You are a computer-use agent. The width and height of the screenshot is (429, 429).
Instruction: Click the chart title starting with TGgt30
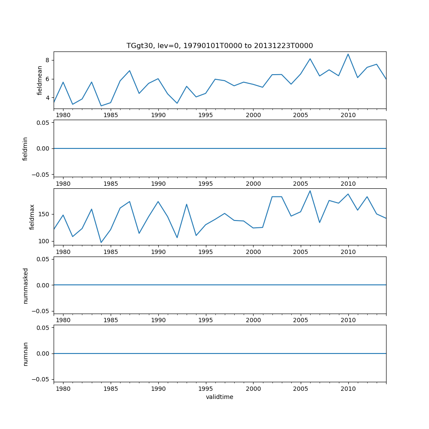(x=219, y=45)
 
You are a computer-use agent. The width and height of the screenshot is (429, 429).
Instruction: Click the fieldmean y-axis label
(x=40, y=80)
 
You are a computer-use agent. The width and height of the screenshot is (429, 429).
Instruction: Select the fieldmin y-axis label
(x=25, y=149)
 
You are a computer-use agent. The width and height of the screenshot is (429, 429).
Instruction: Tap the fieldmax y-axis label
(x=32, y=217)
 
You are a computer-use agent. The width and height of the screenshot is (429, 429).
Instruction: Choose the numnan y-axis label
(x=25, y=354)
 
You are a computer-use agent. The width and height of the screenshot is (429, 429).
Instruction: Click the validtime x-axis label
(x=219, y=397)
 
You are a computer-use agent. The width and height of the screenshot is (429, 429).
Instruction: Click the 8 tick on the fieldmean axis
(x=48, y=60)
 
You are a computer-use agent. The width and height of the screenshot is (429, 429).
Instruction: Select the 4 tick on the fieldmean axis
(x=48, y=98)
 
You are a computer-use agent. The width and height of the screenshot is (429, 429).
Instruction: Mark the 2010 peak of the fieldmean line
(x=348, y=54)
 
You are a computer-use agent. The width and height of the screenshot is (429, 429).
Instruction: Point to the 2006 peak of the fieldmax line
(x=310, y=191)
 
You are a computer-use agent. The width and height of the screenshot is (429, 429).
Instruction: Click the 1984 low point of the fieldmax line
(x=101, y=242)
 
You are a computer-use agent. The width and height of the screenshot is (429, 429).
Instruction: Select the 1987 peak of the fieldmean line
(x=130, y=71)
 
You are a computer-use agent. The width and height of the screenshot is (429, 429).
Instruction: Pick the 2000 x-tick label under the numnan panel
(x=253, y=389)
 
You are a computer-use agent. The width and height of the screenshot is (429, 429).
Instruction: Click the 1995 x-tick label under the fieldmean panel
(x=206, y=115)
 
